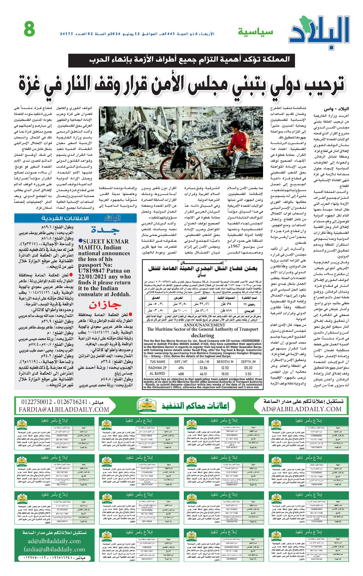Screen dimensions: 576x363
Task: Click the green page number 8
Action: (29, 29)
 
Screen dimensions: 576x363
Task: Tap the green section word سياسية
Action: (255, 32)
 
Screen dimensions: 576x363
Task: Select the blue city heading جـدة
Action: (105, 230)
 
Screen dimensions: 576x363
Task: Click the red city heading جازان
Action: (105, 305)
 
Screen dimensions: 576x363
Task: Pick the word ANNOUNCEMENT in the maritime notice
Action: (203, 325)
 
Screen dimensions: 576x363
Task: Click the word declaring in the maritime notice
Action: (203, 335)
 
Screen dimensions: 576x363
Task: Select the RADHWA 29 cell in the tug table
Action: (157, 368)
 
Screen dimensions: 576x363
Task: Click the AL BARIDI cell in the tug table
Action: (157, 374)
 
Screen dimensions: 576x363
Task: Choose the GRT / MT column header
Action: (181, 362)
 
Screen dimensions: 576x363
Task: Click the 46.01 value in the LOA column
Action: (203, 374)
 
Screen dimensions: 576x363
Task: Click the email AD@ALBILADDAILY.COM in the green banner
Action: (301, 409)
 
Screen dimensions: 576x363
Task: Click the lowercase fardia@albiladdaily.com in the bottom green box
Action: (54, 549)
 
